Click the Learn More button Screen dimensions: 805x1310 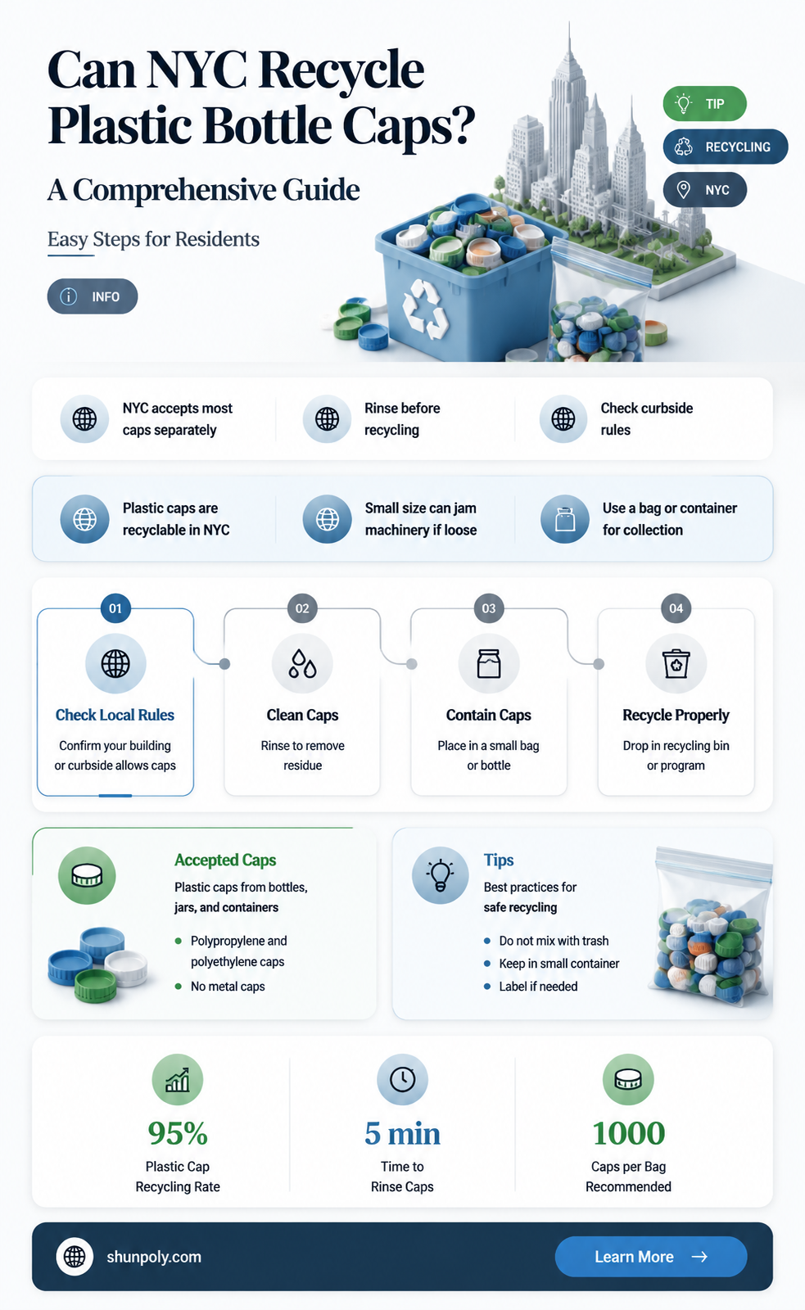[650, 1256]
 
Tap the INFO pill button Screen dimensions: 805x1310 [93, 296]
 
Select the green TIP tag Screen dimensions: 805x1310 [704, 103]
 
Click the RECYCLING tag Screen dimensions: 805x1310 [726, 147]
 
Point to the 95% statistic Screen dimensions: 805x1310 [178, 1133]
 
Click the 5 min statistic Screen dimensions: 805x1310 [403, 1133]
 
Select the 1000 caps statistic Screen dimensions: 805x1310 [629, 1133]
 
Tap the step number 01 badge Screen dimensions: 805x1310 [115, 608]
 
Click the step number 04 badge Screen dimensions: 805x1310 [676, 608]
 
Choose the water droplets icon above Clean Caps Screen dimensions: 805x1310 [302, 664]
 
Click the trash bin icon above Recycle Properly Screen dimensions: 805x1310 [676, 664]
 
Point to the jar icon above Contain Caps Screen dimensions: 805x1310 [489, 664]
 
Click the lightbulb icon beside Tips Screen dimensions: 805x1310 [441, 875]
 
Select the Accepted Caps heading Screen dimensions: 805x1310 [225, 861]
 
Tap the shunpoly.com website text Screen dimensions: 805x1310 [154, 1257]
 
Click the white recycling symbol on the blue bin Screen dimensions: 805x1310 [425, 309]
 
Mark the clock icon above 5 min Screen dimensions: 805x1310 [403, 1080]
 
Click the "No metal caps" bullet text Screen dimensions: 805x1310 [228, 987]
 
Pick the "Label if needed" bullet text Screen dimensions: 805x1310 [538, 987]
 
